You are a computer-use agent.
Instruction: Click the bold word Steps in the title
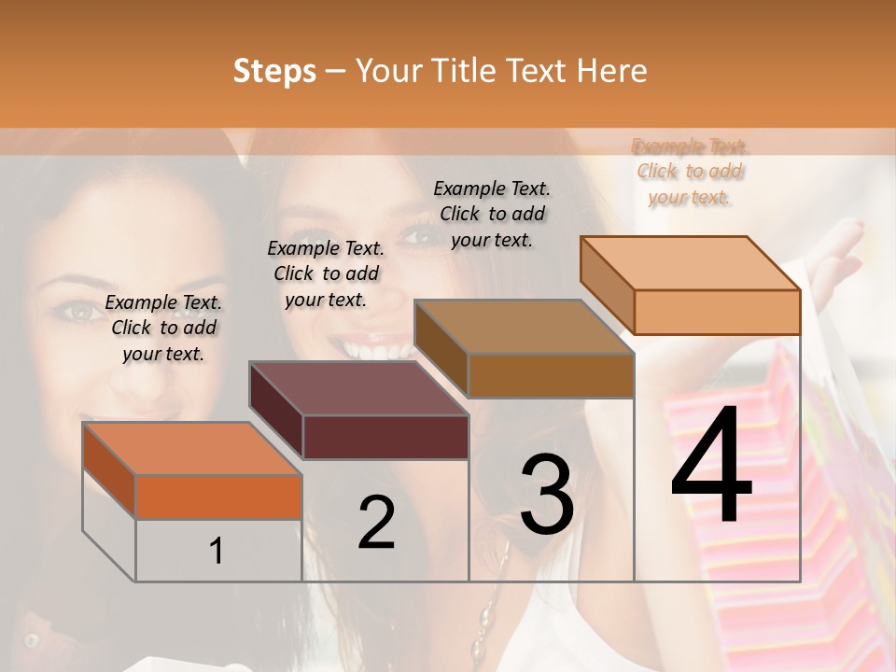274,71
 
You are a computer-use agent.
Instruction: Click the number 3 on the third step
547,495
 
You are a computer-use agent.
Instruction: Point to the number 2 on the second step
377,523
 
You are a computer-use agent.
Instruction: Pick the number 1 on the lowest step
217,552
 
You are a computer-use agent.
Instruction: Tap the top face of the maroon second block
358,388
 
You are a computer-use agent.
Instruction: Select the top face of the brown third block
524,327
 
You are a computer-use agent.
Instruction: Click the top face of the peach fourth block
691,263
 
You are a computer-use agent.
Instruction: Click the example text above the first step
163,328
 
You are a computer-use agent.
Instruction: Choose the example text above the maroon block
326,273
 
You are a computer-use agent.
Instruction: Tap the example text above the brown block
493,214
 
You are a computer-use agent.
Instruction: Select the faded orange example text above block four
690,172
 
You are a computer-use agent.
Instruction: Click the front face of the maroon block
385,437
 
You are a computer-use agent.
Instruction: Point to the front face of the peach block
717,312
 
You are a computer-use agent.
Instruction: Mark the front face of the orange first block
218,497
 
